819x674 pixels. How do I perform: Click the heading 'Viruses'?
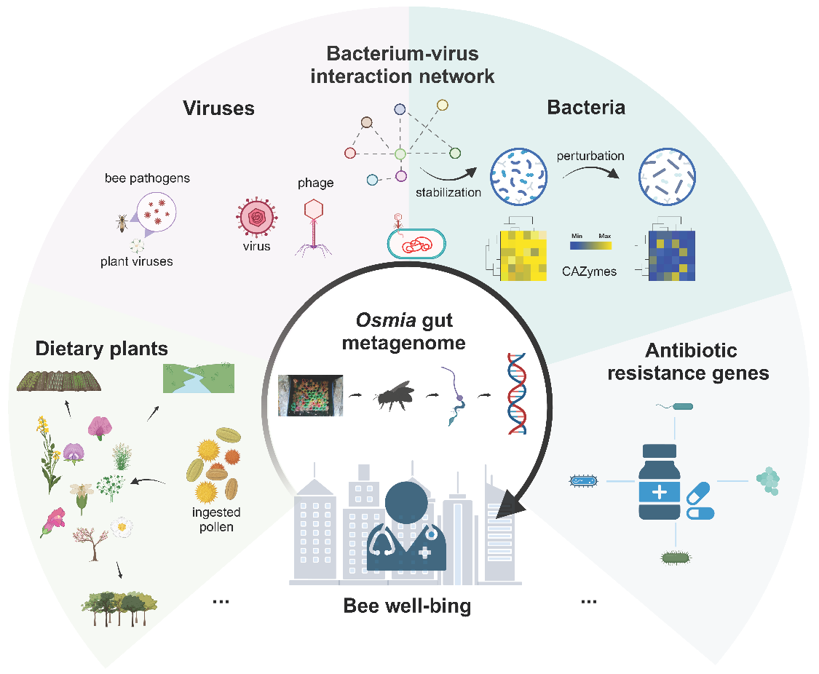[219, 108]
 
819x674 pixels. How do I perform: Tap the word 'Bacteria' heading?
[586, 107]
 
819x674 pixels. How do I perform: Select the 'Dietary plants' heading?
[102, 349]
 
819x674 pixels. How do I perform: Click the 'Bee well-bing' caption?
[407, 606]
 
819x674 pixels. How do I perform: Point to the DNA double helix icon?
[517, 394]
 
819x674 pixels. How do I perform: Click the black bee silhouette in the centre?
[393, 396]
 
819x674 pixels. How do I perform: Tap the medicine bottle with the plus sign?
[659, 481]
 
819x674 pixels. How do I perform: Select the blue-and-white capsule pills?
[700, 501]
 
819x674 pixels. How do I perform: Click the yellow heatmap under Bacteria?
[523, 255]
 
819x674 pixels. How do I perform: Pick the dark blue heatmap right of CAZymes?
[672, 255]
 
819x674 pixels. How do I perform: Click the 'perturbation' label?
[590, 156]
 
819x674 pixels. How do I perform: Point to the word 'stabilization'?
[448, 193]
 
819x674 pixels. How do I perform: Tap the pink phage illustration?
[313, 228]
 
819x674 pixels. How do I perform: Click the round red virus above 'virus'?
[256, 217]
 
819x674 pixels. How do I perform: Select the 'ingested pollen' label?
[216, 520]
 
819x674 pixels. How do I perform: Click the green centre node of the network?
[400, 154]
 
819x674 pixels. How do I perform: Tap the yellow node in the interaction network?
[443, 105]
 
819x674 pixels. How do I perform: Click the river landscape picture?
[199, 378]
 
